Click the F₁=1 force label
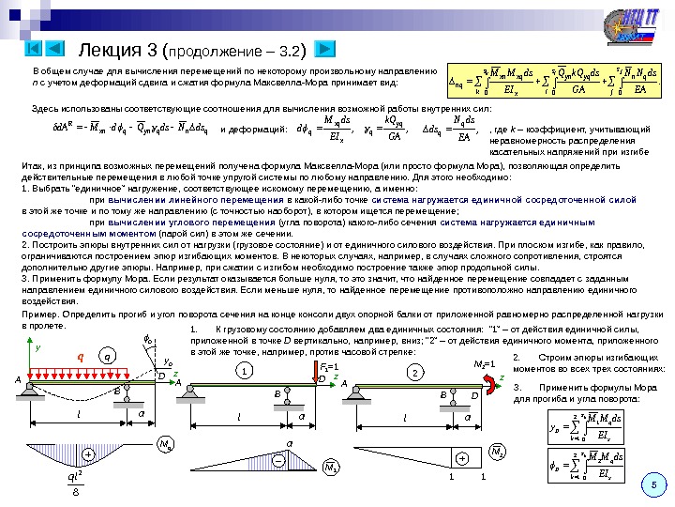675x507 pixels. [x=327, y=362]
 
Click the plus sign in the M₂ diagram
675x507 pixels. [x=461, y=457]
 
